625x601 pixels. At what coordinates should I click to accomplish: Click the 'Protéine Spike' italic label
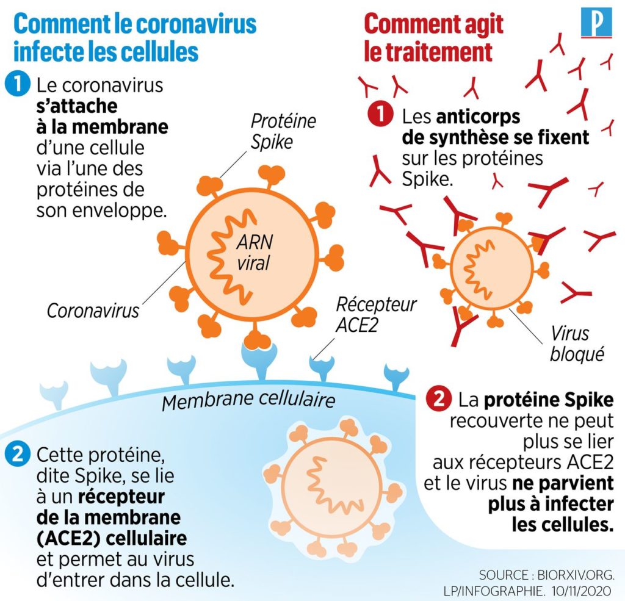pos(283,132)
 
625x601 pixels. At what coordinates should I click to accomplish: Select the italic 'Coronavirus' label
pos(93,311)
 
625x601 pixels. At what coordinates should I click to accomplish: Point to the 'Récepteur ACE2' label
pos(376,315)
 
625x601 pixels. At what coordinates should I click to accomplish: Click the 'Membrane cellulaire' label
pos(248,400)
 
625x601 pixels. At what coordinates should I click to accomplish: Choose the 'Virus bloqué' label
pos(577,344)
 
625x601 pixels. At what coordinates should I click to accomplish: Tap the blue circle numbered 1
pos(18,84)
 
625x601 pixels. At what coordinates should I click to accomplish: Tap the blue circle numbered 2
pos(18,454)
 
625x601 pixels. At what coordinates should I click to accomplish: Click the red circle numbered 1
pos(380,114)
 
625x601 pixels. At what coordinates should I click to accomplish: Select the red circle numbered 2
pos(438,398)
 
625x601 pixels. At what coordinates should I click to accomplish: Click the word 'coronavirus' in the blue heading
pos(196,24)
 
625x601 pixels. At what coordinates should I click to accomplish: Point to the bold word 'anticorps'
pos(479,117)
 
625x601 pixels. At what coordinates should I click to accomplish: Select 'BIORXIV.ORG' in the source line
pos(576,575)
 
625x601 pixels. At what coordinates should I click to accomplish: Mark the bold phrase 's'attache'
pos(77,106)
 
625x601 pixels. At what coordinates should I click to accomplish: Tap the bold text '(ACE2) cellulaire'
pos(112,538)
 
